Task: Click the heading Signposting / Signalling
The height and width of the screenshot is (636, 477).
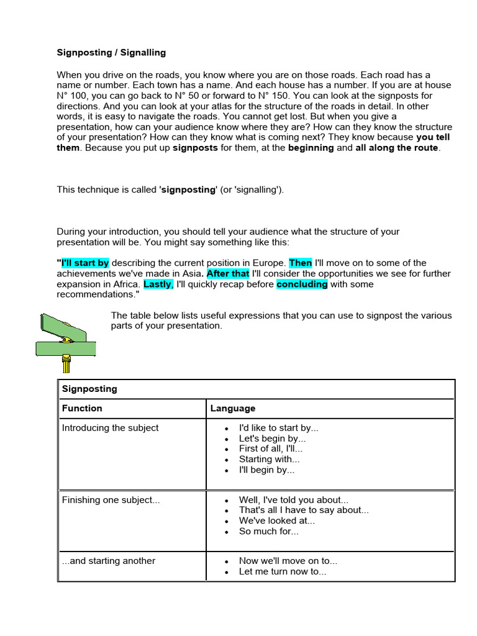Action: pos(111,53)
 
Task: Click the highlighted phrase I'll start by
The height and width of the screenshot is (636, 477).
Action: pos(84,263)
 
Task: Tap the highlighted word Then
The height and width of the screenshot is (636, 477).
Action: pos(301,263)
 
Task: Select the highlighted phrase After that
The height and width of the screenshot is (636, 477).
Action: pos(228,274)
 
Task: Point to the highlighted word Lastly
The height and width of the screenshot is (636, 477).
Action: pos(158,284)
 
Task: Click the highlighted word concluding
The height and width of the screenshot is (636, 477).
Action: pos(302,284)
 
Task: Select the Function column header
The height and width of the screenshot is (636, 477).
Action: pos(82,409)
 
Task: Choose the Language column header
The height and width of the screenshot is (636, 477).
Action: pos(232,409)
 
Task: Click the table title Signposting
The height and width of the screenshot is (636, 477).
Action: pos(89,389)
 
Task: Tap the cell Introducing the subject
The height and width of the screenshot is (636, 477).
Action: pos(110,428)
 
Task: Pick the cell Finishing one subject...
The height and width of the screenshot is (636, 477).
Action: pos(111,501)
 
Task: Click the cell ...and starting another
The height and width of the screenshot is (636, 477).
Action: pos(109,561)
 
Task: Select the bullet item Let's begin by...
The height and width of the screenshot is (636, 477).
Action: pos(272,438)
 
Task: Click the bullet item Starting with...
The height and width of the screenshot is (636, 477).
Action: pos(269,460)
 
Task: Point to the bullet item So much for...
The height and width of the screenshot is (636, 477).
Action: pos(269,532)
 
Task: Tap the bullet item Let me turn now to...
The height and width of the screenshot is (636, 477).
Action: pos(282,571)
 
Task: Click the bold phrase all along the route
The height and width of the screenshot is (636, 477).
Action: pos(397,148)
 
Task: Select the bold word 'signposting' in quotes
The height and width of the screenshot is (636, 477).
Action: pos(188,189)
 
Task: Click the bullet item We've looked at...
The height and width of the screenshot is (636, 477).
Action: pos(277,521)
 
